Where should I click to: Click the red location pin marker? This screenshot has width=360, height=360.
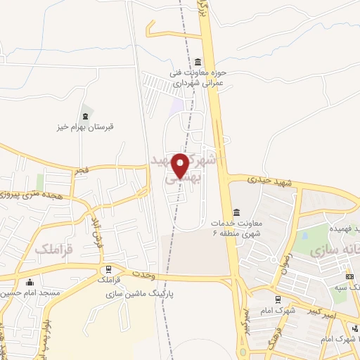point(181,165)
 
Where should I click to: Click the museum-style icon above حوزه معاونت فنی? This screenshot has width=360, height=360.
point(198,61)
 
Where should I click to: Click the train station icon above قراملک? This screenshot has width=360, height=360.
point(108,269)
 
